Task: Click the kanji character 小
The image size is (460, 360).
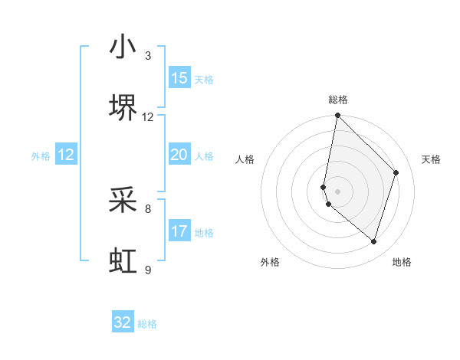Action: [x=123, y=47]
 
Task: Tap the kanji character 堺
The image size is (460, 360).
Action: [x=123, y=108]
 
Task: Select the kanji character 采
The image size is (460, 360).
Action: [x=123, y=200]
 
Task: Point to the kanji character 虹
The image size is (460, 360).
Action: [x=123, y=261]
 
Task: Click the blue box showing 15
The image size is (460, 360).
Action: [x=179, y=78]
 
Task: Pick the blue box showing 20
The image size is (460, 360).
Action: [x=179, y=155]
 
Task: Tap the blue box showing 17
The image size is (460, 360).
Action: [x=179, y=231]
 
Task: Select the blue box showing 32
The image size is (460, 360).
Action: [x=123, y=322]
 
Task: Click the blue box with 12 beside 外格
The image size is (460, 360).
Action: [x=66, y=155]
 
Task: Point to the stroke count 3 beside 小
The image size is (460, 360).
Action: [x=148, y=56]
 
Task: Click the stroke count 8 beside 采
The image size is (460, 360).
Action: [x=148, y=208]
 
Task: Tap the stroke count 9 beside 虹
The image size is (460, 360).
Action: [x=148, y=270]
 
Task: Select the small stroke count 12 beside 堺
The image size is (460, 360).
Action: [x=148, y=117]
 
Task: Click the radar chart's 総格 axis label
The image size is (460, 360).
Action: [x=338, y=100]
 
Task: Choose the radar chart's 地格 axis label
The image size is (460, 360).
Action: [x=402, y=262]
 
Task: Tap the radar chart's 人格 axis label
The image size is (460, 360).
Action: [x=245, y=159]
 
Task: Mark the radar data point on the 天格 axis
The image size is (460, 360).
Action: [x=396, y=172]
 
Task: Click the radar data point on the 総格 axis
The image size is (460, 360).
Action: [x=337, y=116]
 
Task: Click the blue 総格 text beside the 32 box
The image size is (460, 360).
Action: [x=147, y=324]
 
